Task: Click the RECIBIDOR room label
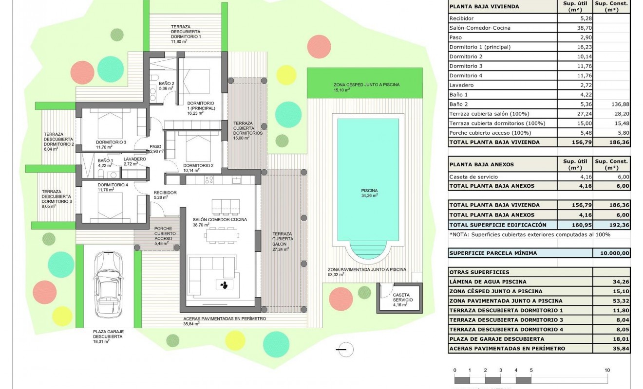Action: (x=165, y=193)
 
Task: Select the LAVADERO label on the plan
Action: (x=134, y=159)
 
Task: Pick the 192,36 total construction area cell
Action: (x=611, y=225)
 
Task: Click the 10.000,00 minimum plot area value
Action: (x=611, y=253)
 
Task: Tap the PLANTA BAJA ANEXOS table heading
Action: (x=481, y=164)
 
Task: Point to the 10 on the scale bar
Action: (x=607, y=370)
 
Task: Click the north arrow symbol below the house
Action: (x=344, y=349)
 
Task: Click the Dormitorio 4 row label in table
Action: (x=466, y=75)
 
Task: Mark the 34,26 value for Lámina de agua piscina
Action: (x=611, y=282)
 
